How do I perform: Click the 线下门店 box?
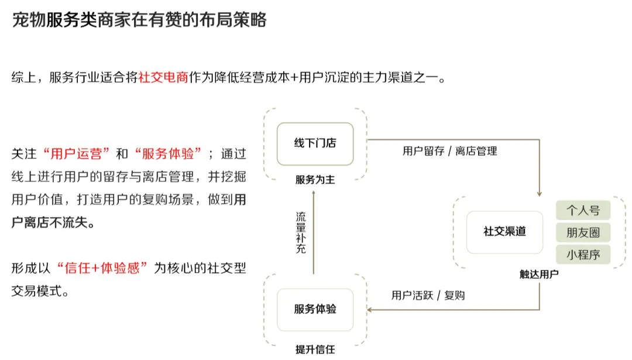pos(315,143)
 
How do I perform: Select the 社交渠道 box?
pos(504,231)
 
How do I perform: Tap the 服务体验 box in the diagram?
pos(315,309)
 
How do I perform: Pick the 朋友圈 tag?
pos(583,232)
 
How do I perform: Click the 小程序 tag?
pos(583,255)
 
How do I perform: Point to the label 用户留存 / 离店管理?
pos(449,151)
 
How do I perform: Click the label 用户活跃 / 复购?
pos(428,295)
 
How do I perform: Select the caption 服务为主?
pos(315,180)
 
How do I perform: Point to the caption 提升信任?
pos(315,349)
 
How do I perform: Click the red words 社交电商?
pos(164,78)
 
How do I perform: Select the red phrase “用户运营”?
pos(77,154)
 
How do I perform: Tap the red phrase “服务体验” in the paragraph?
pos(167,154)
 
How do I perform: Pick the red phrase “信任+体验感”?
pos(102,268)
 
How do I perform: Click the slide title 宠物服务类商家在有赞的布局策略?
pos(139,20)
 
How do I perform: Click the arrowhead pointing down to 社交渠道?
pos(539,193)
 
